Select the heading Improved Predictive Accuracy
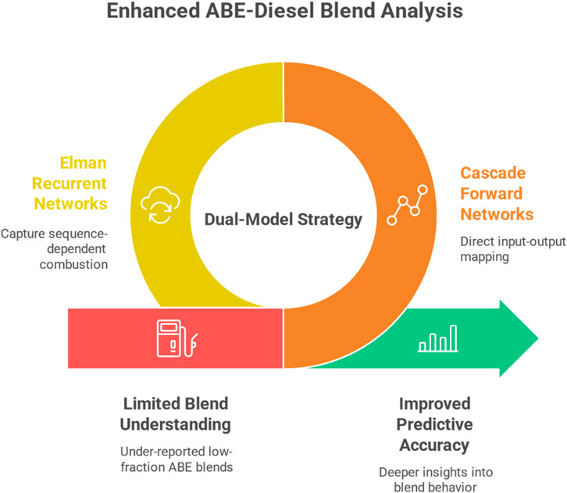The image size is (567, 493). [434, 424]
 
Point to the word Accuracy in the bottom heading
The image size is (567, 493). [434, 445]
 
